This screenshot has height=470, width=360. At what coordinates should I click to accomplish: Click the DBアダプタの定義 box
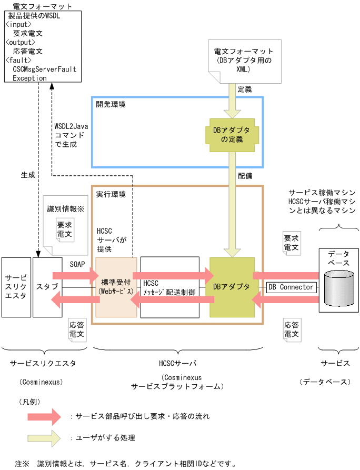(232, 135)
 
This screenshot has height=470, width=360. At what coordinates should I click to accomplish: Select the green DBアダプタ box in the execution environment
(232, 287)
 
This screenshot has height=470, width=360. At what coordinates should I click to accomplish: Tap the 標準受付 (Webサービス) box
(116, 287)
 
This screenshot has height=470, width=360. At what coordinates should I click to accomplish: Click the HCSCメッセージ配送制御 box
(169, 287)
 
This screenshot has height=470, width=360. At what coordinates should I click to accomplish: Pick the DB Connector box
(291, 287)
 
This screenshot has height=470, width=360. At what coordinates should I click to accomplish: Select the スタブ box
(47, 287)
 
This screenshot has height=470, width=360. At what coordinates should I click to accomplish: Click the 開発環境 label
(111, 104)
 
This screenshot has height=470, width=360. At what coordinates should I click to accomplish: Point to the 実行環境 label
(111, 194)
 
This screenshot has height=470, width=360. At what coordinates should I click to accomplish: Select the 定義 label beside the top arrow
(245, 89)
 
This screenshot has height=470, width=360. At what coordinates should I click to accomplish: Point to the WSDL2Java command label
(71, 135)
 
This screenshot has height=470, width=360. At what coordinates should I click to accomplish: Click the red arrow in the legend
(45, 416)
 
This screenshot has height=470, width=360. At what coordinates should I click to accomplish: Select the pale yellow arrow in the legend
(45, 437)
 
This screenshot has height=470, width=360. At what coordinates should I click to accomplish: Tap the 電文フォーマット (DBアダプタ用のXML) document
(244, 60)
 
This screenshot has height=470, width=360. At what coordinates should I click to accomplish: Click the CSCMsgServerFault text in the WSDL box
(44, 69)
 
